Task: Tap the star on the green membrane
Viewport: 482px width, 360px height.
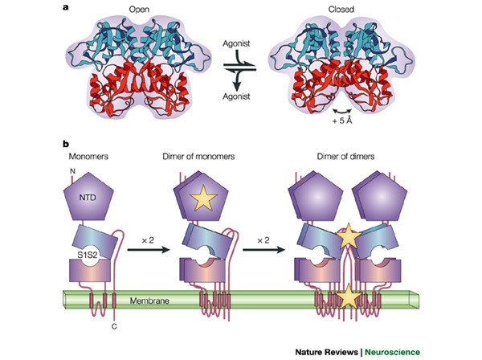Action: [x=348, y=298]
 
